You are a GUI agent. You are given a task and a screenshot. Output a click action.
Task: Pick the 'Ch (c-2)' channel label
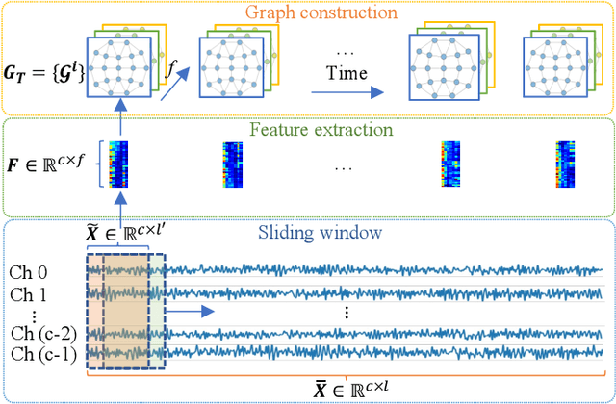(x=41, y=334)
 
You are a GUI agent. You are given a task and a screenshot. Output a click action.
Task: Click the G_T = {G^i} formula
(x=41, y=71)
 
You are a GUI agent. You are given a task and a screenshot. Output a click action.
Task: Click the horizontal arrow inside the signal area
(x=192, y=312)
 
